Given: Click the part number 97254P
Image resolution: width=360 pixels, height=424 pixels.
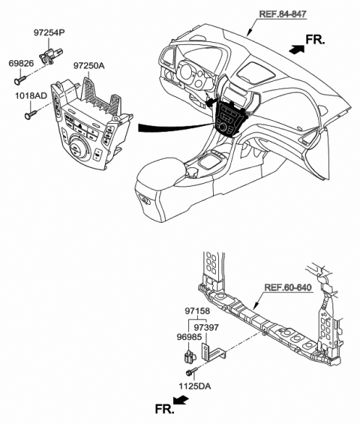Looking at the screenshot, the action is coord(49,33).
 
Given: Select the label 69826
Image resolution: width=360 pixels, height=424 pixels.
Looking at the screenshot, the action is coord(21,64).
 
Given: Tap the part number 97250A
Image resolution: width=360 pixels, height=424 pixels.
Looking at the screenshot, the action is coord(89,66).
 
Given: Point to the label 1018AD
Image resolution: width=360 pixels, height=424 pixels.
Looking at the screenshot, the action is coord(31,96).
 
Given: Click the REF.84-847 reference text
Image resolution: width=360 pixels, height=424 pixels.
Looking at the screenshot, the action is coord(283,14).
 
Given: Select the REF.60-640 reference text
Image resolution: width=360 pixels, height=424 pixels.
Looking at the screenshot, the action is coord(288,287).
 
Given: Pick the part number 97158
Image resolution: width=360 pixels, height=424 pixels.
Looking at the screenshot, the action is coord(197,311).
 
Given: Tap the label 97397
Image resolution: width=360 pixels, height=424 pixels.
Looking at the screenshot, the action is coord(206,327).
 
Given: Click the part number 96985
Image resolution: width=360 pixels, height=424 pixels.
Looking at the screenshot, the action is coord(189,337).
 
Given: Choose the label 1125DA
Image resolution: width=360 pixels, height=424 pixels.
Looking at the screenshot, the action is coord(194,386).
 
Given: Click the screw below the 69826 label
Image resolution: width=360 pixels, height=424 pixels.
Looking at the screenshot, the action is coord(20,80).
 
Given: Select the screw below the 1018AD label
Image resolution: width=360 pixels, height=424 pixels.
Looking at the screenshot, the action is coord(31,114).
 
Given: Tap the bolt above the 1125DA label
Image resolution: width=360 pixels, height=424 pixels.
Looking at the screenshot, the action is coord(190,371).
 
